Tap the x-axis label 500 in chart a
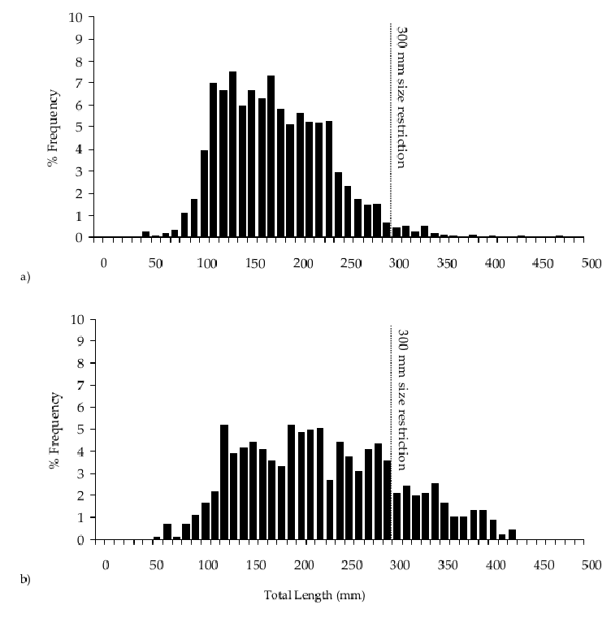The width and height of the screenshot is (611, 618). [x=591, y=264]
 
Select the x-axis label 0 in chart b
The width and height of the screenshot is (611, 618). [x=106, y=565]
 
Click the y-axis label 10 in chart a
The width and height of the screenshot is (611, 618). [x=76, y=17]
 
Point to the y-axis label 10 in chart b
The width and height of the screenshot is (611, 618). [x=76, y=319]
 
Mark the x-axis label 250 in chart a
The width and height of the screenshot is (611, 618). [x=352, y=264]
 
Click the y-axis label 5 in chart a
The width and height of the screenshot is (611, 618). [x=80, y=127]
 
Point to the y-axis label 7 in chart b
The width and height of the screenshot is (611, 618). [x=80, y=385]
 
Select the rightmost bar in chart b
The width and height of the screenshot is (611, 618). [x=512, y=534]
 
